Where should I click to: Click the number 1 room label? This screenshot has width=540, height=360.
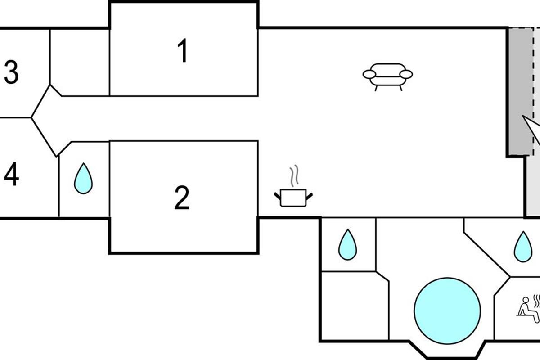coord(182,51)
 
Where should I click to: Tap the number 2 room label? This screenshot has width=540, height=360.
coord(182,198)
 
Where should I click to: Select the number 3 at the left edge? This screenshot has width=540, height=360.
coord(11,73)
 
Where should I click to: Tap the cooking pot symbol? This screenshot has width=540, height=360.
coord(293,198)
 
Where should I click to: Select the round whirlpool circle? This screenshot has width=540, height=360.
coord(447,310)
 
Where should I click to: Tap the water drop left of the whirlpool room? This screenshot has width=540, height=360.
coord(347,245)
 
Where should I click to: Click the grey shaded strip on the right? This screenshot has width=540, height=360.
coord(519,90)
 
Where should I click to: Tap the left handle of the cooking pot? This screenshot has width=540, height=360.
coord(277,195)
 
